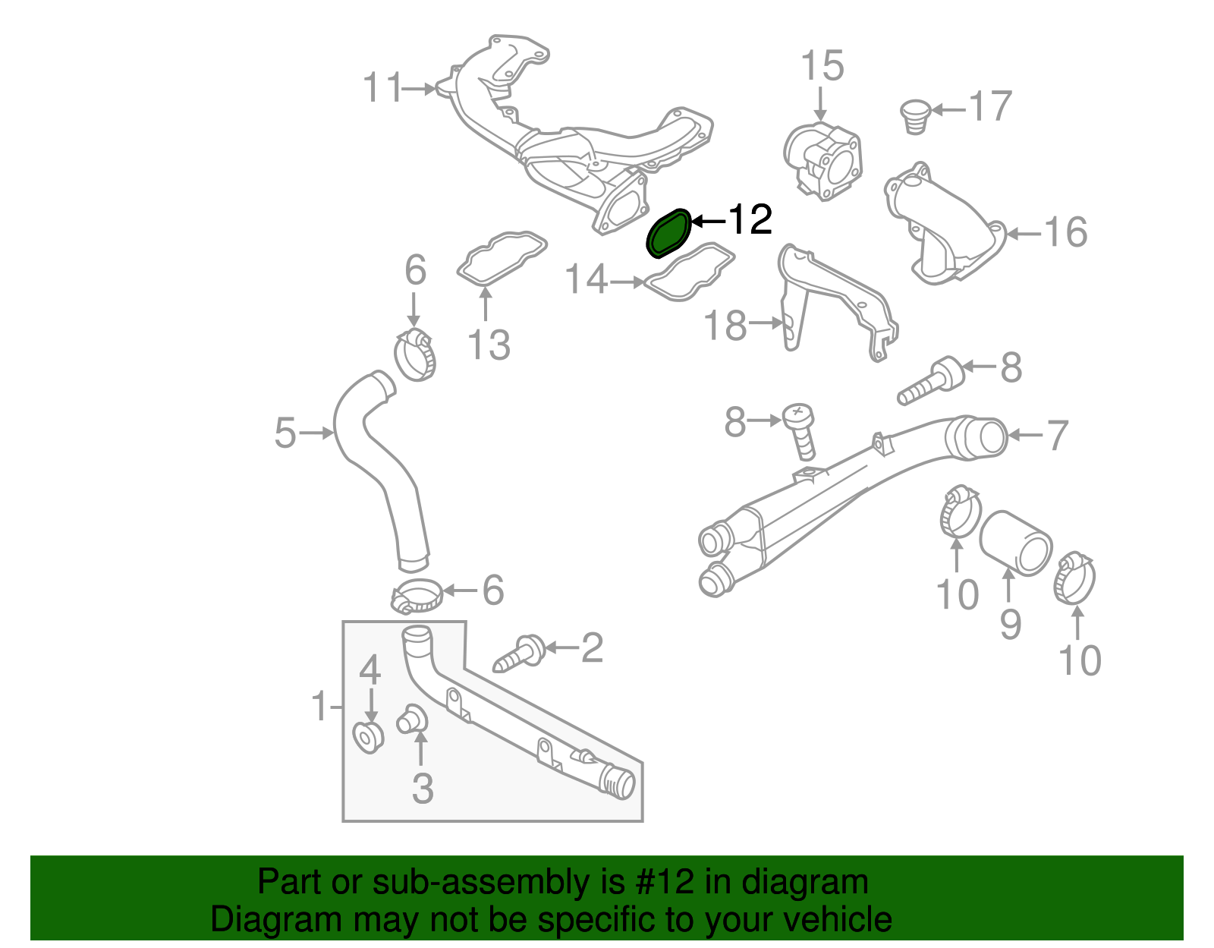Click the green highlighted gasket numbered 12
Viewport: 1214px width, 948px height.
click(x=668, y=234)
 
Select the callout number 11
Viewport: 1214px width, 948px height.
click(x=382, y=88)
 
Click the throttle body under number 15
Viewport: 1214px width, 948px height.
click(x=824, y=161)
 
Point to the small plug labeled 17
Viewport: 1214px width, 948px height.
click(x=915, y=115)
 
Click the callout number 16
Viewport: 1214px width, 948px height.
click(x=1065, y=232)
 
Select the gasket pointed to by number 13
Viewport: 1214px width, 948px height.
click(x=501, y=259)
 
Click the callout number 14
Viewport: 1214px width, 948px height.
click(x=587, y=280)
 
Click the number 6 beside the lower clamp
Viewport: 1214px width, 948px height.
click(x=493, y=590)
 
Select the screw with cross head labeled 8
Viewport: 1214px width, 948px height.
click(x=800, y=429)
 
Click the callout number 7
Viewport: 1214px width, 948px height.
click(x=1058, y=436)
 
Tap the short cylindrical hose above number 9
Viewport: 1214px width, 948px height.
click(x=1015, y=542)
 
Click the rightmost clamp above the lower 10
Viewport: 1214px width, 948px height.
click(x=1074, y=578)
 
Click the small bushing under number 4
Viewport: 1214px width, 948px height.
click(x=369, y=736)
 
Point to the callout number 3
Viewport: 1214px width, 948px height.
click(x=423, y=788)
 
